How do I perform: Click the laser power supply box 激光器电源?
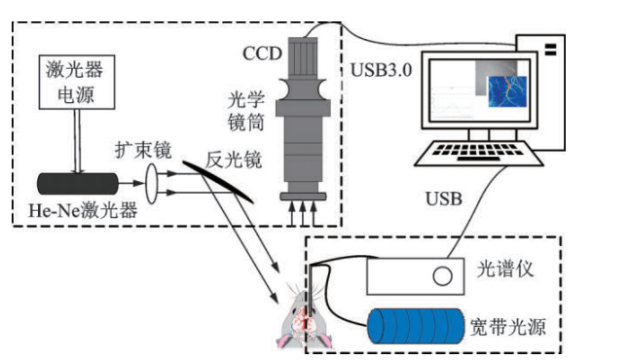(77, 82)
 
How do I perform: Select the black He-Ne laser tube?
(78, 184)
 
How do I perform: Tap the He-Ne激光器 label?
(83, 210)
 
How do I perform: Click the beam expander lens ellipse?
(152, 183)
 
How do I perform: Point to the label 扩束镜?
(143, 151)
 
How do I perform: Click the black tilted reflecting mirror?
(219, 182)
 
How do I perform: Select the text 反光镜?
(234, 160)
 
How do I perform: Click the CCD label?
(262, 54)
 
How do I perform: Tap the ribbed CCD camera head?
(303, 57)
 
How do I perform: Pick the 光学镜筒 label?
(246, 112)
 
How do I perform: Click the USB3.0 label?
(382, 70)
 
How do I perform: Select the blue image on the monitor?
(507, 91)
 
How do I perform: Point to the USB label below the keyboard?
(444, 198)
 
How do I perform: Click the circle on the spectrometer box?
(442, 275)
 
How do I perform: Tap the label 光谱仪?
(505, 269)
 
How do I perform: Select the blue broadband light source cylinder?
(416, 326)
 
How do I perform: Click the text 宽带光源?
(508, 327)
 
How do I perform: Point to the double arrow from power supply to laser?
(78, 141)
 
